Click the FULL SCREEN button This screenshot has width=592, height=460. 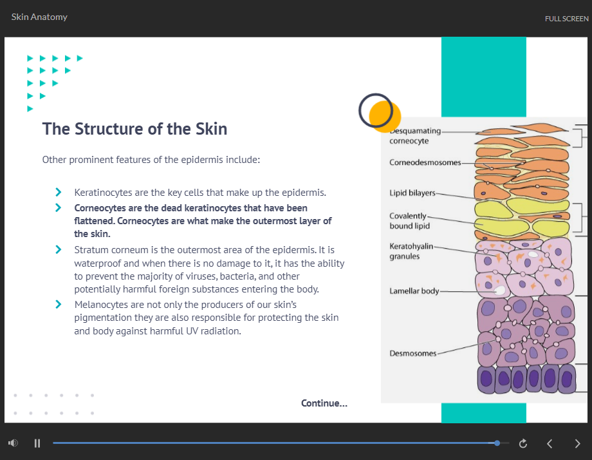coord(566,19)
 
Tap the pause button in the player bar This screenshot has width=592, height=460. coord(37,443)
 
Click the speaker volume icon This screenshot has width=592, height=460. coord(14,443)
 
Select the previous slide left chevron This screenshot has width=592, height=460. coord(550,443)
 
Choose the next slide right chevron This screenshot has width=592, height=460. coord(577,443)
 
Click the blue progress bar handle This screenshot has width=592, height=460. coord(497,443)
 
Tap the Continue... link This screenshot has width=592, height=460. coord(324,403)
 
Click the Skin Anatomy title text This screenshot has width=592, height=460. coord(39,17)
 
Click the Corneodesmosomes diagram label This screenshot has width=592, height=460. coord(425,162)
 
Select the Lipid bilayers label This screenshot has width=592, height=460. coord(412,193)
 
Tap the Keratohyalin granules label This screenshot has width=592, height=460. coord(411,251)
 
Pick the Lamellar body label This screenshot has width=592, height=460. coord(414,291)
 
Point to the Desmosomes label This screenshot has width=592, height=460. coord(412,354)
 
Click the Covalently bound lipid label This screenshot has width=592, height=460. coord(409,221)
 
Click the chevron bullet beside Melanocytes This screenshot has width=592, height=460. coord(58,304)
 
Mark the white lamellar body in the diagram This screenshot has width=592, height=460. coord(500,291)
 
